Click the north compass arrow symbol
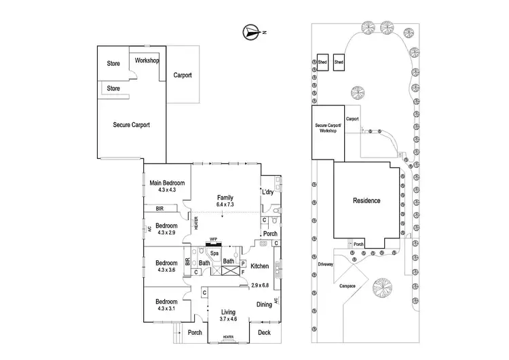pyautogui.click(x=252, y=31)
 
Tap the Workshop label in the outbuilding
pyautogui.click(x=147, y=61)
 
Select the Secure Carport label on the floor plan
pyautogui.click(x=131, y=124)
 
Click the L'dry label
pyautogui.click(x=269, y=193)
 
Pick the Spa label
pyautogui.click(x=213, y=253)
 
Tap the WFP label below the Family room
pyautogui.click(x=213, y=239)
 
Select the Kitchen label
pyautogui.click(x=260, y=266)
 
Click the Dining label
pyautogui.click(x=265, y=304)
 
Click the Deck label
pyautogui.click(x=264, y=333)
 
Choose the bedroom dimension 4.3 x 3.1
pyautogui.click(x=166, y=309)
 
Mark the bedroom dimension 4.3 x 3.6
pyautogui.click(x=166, y=270)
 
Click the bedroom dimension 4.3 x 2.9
pyautogui.click(x=166, y=232)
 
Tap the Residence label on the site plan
pyautogui.click(x=366, y=201)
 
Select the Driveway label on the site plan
pyautogui.click(x=325, y=264)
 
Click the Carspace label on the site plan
pyautogui.click(x=347, y=286)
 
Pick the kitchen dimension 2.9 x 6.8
pyautogui.click(x=260, y=285)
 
